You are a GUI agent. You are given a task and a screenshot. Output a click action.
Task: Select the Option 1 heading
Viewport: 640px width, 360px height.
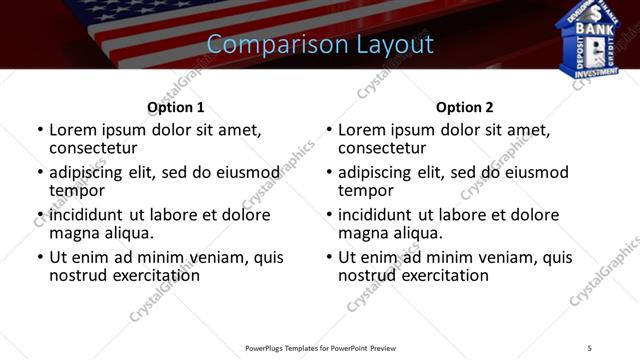(x=176, y=107)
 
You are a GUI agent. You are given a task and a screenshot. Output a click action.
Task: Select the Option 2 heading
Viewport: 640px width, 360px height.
(x=465, y=107)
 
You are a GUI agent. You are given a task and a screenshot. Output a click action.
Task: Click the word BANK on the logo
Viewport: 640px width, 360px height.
(x=589, y=30)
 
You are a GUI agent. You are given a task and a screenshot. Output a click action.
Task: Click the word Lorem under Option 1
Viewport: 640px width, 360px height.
(x=76, y=130)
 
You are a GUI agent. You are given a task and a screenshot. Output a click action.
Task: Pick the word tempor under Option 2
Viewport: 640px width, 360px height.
(x=366, y=190)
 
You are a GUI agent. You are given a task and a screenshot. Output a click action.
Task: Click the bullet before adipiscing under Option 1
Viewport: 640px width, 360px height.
(x=40, y=173)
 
